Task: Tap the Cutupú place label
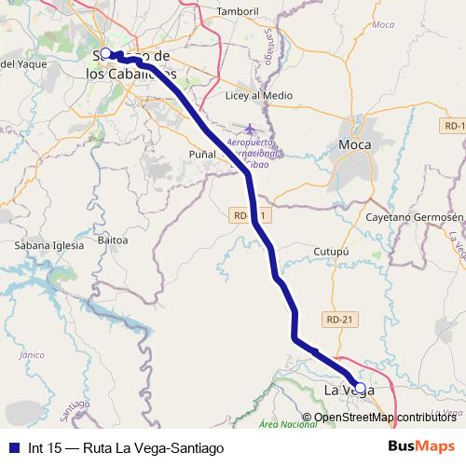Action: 330,251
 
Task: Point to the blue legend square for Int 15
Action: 13,447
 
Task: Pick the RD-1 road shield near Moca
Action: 456,126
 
